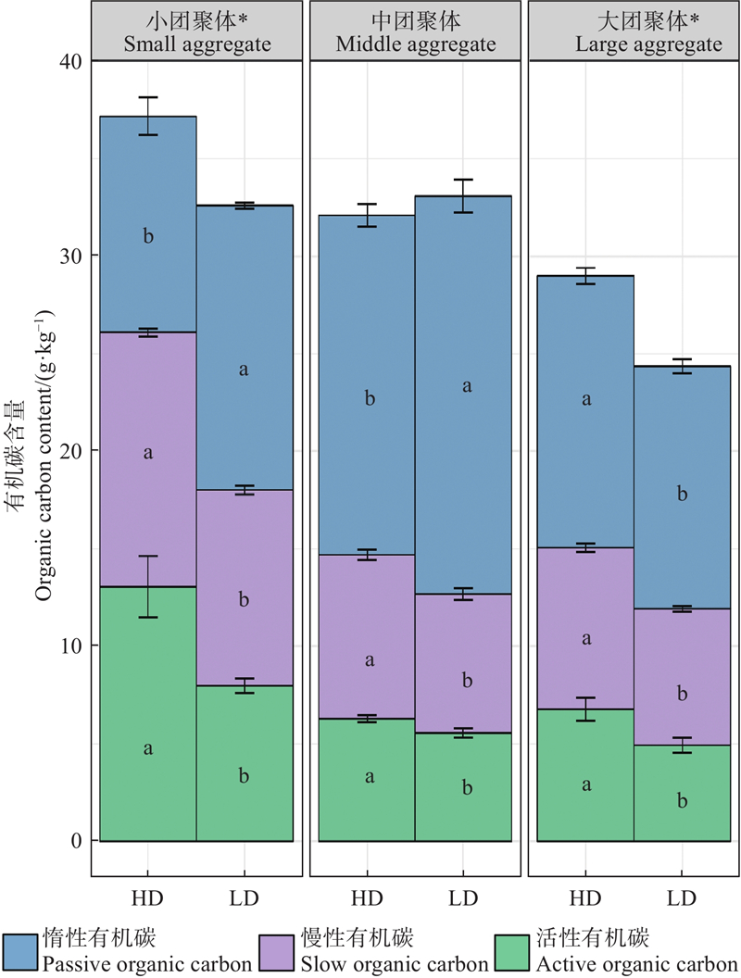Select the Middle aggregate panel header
pos(416,31)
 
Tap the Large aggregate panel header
pos(634,31)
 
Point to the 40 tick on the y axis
pos(72,61)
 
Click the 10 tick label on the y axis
pos(72,646)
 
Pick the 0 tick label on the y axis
pos(77,841)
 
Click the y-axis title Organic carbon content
pos(44,444)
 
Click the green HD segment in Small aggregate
pos(148,713)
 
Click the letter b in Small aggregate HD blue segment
pos(148,237)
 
